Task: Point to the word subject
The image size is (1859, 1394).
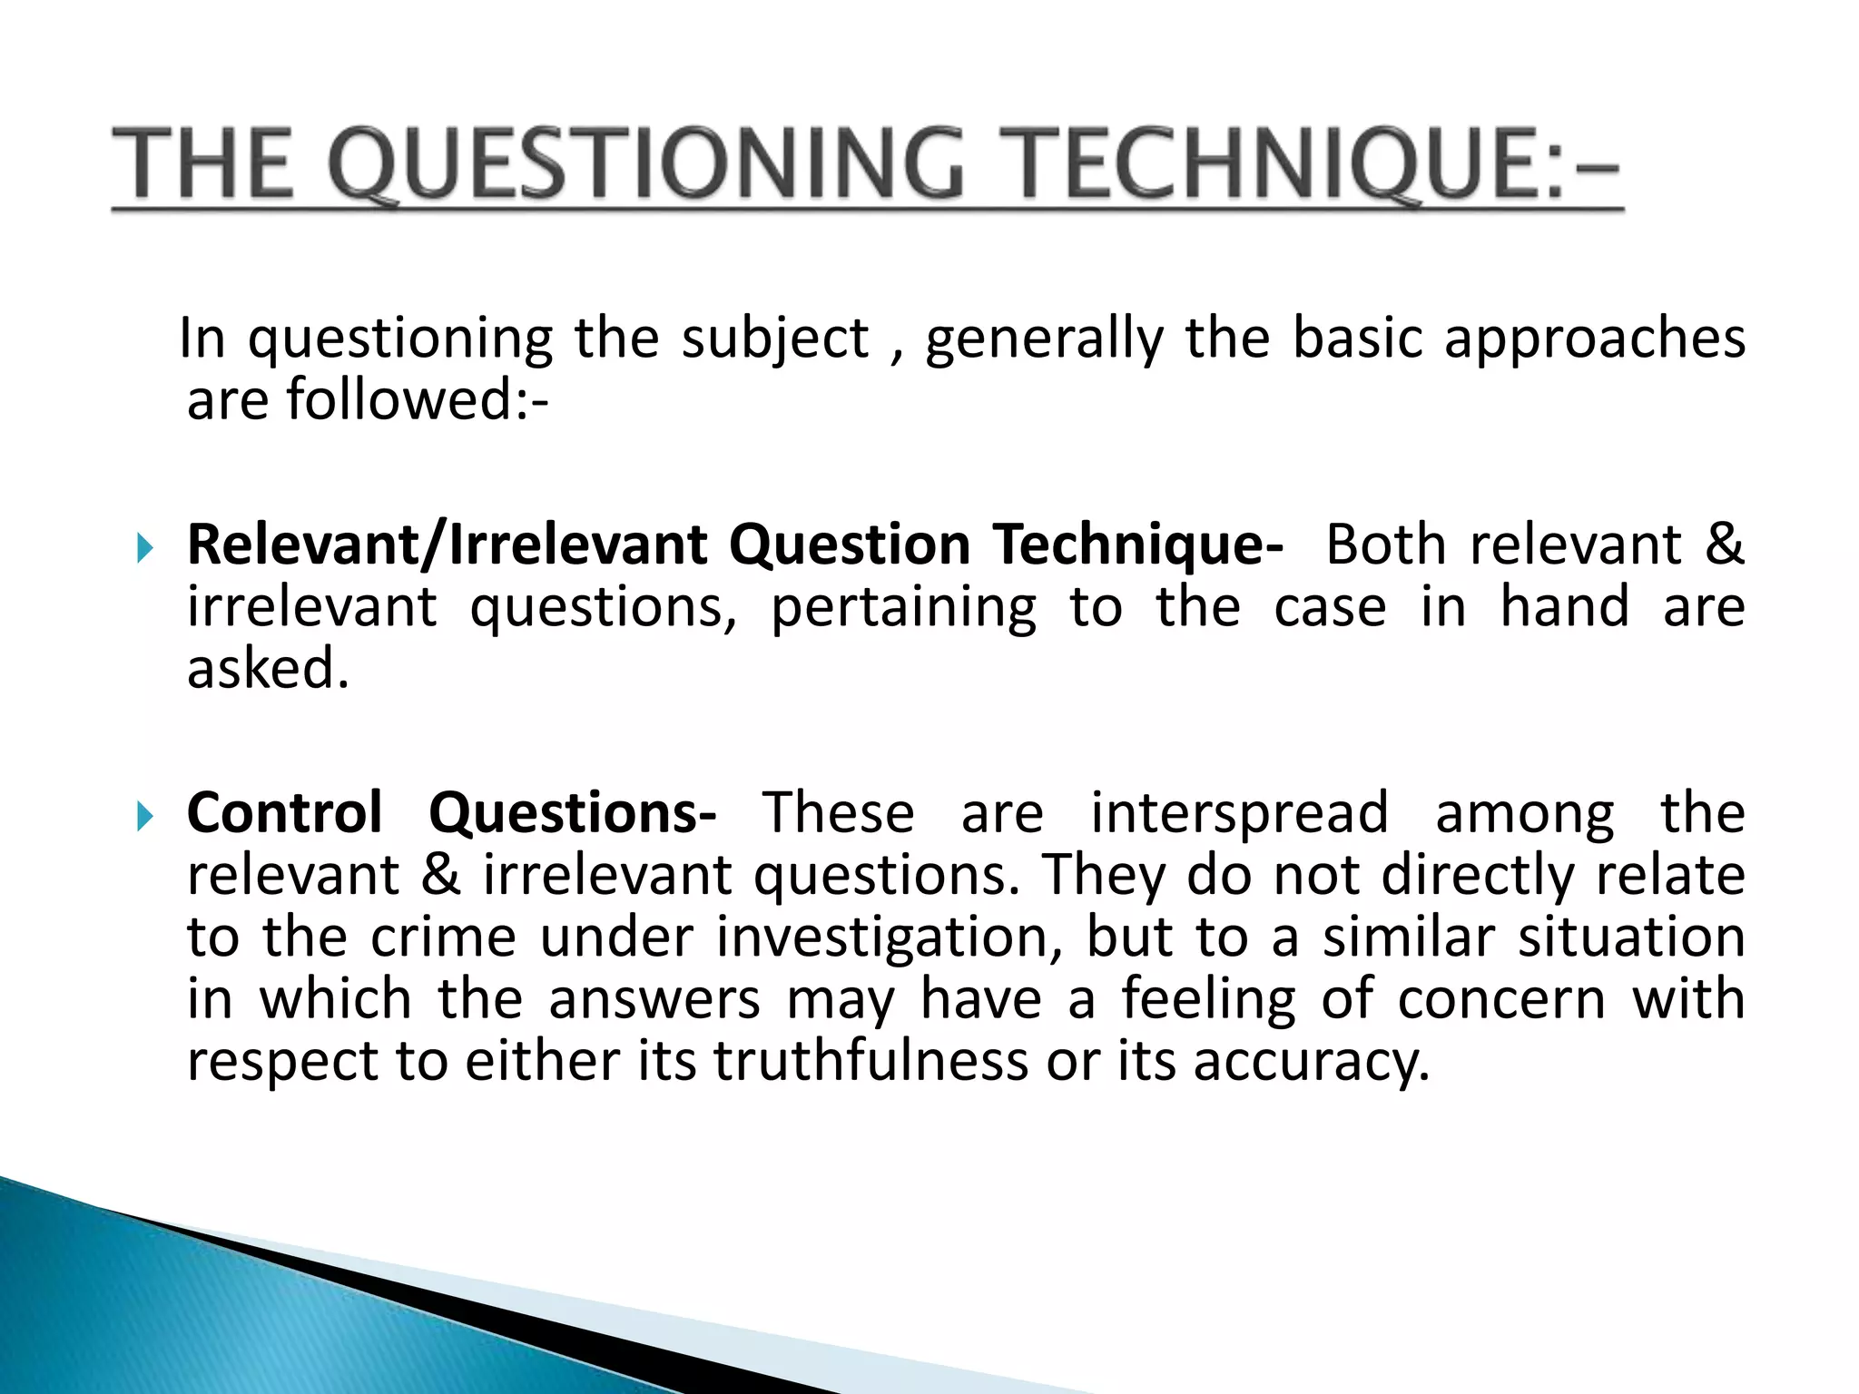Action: (x=775, y=339)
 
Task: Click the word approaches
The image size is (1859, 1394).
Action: (x=1594, y=339)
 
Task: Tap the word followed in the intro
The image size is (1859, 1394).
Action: (x=399, y=399)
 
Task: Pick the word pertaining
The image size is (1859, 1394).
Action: (x=903, y=608)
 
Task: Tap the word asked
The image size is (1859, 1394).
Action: (x=267, y=669)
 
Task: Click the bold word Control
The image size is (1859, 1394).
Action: (x=284, y=812)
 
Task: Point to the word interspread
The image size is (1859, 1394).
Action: (x=1238, y=812)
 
